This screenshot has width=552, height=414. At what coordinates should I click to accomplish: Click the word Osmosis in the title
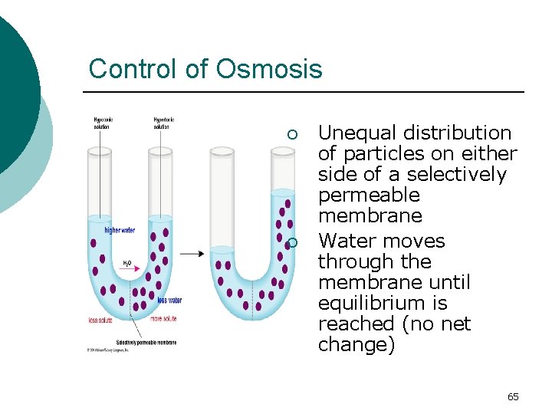[268, 69]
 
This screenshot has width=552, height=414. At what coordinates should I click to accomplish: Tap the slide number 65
[513, 396]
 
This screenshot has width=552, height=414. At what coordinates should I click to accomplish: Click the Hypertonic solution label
[164, 123]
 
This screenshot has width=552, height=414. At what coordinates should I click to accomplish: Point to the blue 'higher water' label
[120, 230]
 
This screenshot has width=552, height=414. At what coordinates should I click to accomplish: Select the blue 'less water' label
[169, 300]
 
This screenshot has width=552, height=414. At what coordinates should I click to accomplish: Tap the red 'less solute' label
[101, 320]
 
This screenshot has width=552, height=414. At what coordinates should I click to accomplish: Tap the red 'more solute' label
[166, 318]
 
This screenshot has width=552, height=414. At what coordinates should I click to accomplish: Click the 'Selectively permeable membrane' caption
[146, 342]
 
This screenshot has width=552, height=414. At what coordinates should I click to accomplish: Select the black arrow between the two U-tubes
[192, 253]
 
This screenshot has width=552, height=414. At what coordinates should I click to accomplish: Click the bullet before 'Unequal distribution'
[291, 135]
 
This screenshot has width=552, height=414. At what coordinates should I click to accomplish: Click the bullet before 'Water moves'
[291, 243]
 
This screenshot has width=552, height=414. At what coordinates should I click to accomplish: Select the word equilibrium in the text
[364, 303]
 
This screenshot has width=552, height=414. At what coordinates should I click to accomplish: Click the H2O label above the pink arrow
[127, 263]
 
